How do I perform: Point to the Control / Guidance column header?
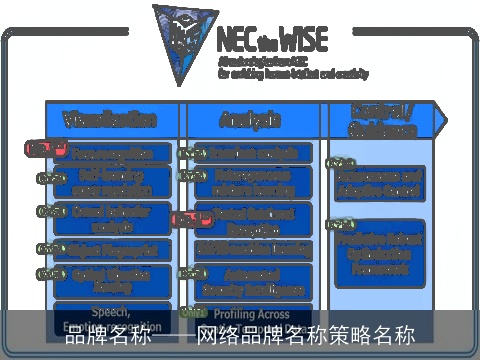(x=381, y=119)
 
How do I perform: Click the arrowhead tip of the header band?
(x=440, y=120)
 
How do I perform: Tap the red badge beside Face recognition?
(x=38, y=149)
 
